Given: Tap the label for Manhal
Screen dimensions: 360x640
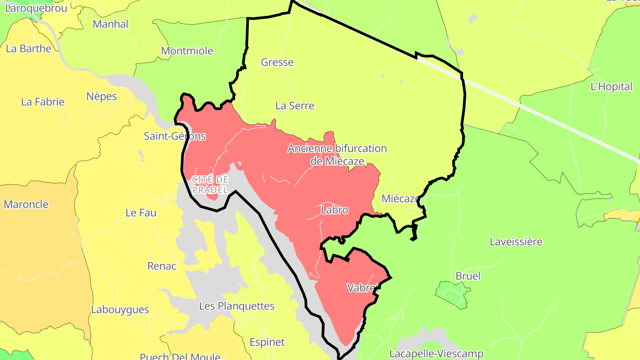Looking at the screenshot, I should point(110,24).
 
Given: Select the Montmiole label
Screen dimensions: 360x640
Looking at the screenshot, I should point(187,51).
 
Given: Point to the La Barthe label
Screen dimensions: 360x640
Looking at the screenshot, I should point(28,48).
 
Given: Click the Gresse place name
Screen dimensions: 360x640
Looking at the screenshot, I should point(277,62).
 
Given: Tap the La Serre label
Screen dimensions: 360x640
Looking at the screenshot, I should point(295,106).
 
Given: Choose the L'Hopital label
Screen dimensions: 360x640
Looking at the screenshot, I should point(611,87).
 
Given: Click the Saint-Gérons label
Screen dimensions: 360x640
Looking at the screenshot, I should point(175,136).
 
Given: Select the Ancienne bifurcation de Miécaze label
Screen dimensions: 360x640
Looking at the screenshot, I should point(337,155).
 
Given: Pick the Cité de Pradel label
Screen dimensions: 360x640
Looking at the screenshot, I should point(210,184).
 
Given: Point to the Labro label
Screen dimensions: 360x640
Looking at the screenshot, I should point(334,210).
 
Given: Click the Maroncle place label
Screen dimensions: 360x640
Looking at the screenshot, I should point(26,204).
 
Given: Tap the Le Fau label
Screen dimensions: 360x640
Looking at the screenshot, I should point(141,213).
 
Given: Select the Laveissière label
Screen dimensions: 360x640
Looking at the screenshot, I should point(516,242).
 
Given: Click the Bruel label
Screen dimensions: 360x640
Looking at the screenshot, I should point(468,276).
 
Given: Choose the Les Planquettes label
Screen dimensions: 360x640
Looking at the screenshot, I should point(236,306).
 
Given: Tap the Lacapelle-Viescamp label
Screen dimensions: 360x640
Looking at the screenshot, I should point(436,354).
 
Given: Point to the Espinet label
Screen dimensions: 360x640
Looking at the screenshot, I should point(267,342).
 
